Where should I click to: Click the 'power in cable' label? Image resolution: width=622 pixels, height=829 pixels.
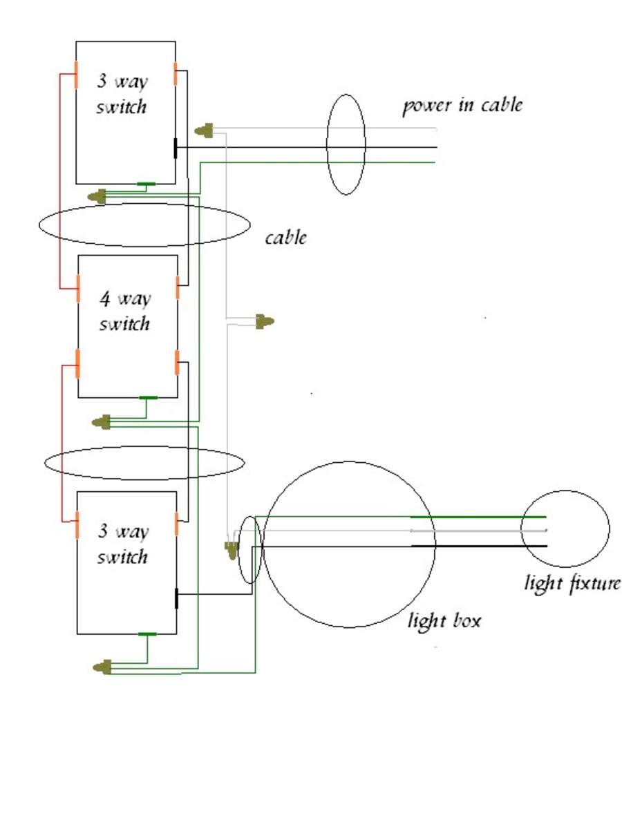pyautogui.click(x=462, y=106)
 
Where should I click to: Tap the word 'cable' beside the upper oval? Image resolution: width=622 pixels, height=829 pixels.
pyautogui.click(x=286, y=238)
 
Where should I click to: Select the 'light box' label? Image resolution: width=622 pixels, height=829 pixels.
pyautogui.click(x=444, y=620)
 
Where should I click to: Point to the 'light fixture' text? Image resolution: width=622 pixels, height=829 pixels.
pyautogui.click(x=572, y=584)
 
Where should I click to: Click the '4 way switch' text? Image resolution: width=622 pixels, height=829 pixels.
pyautogui.click(x=124, y=311)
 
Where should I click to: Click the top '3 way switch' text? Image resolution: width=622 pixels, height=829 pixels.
pyautogui.click(x=122, y=94)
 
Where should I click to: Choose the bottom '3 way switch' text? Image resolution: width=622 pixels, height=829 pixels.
pyautogui.click(x=122, y=544)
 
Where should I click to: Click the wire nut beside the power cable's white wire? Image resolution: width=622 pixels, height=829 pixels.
pyautogui.click(x=204, y=129)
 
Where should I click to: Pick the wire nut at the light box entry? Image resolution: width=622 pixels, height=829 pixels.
pyautogui.click(x=230, y=550)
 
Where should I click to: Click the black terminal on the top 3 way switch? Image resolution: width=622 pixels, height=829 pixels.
pyautogui.click(x=175, y=148)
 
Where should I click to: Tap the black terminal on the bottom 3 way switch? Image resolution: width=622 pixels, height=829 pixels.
pyautogui.click(x=176, y=598)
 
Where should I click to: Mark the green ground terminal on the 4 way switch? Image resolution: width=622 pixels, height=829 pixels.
pyautogui.click(x=148, y=398)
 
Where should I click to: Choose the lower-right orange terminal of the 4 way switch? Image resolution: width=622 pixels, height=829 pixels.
pyautogui.click(x=178, y=362)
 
